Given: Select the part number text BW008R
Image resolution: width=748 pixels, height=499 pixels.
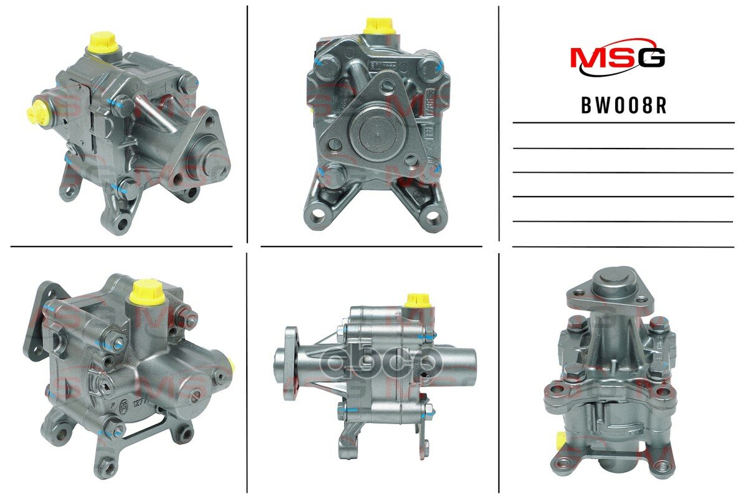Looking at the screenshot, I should click(623, 105).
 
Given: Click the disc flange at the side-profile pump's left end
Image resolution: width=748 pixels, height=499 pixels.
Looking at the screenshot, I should click(287, 362).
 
